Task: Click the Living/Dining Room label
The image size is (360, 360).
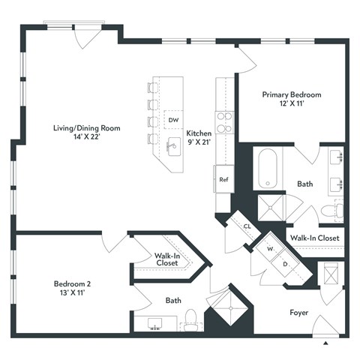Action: click(87, 133)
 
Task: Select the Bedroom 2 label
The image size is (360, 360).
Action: click(72, 289)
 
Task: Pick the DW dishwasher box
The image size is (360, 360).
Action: click(173, 120)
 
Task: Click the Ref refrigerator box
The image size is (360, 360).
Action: click(223, 180)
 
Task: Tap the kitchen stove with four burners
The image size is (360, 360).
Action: click(223, 121)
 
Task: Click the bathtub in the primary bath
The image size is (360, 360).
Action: click(267, 169)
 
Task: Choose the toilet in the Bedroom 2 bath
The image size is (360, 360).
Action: click(190, 320)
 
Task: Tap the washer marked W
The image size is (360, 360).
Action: click(267, 250)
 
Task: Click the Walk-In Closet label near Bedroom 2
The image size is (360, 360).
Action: click(166, 259)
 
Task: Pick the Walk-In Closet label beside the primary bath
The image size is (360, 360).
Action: click(314, 238)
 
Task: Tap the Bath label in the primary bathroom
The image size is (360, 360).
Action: click(304, 183)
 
